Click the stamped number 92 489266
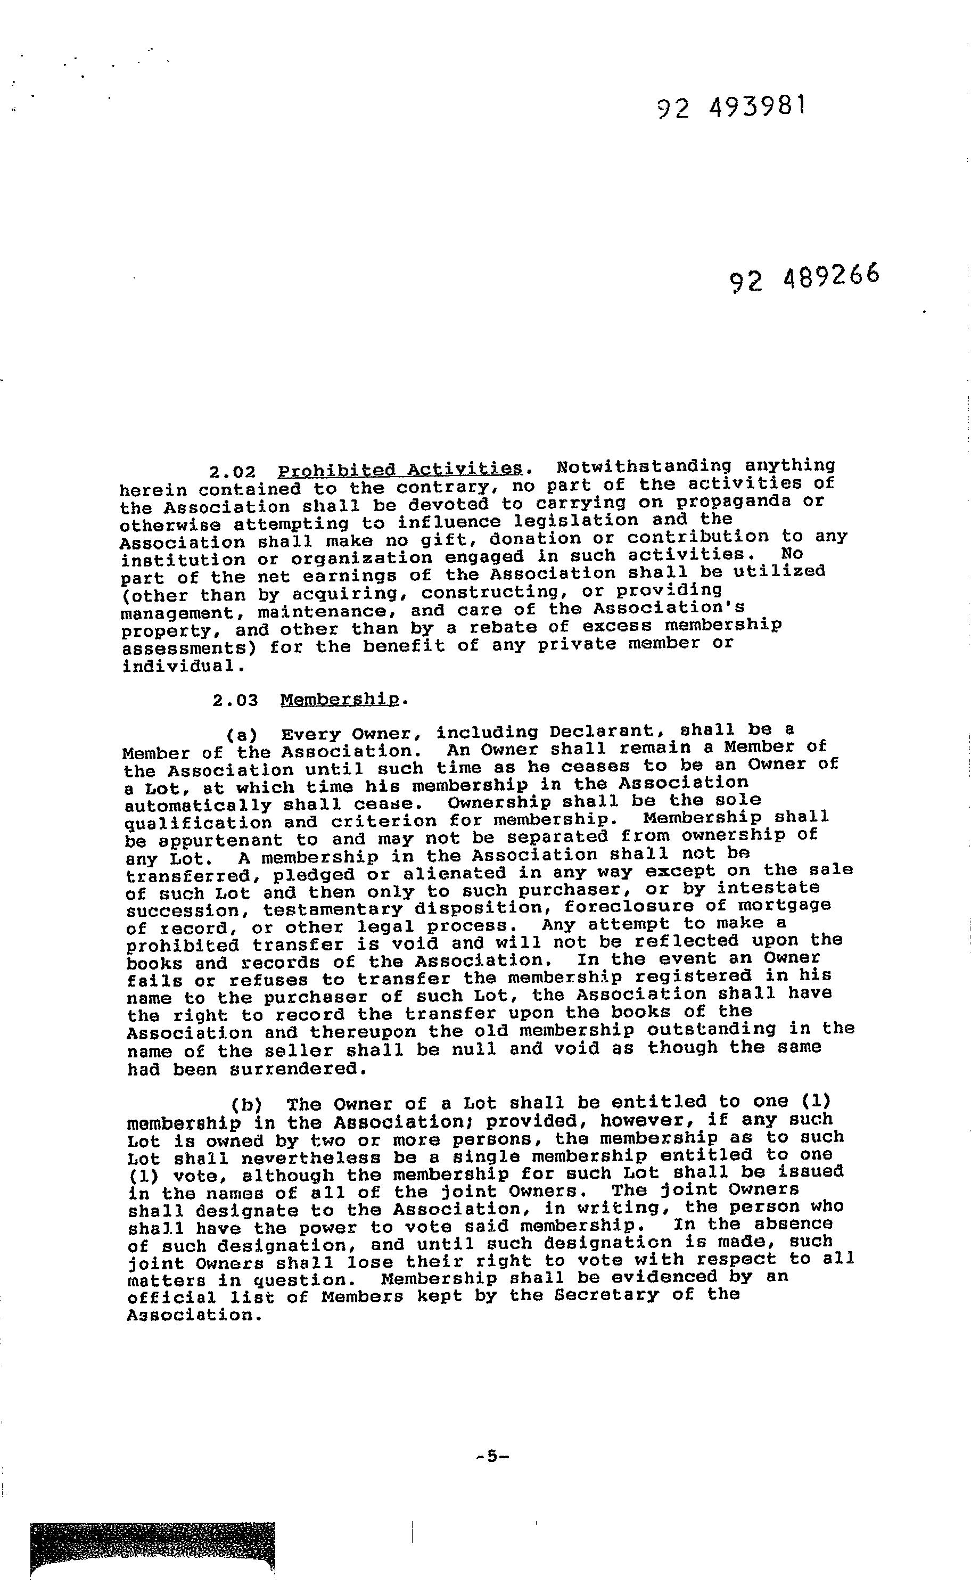click(805, 278)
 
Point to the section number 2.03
click(235, 700)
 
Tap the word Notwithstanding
click(643, 466)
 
